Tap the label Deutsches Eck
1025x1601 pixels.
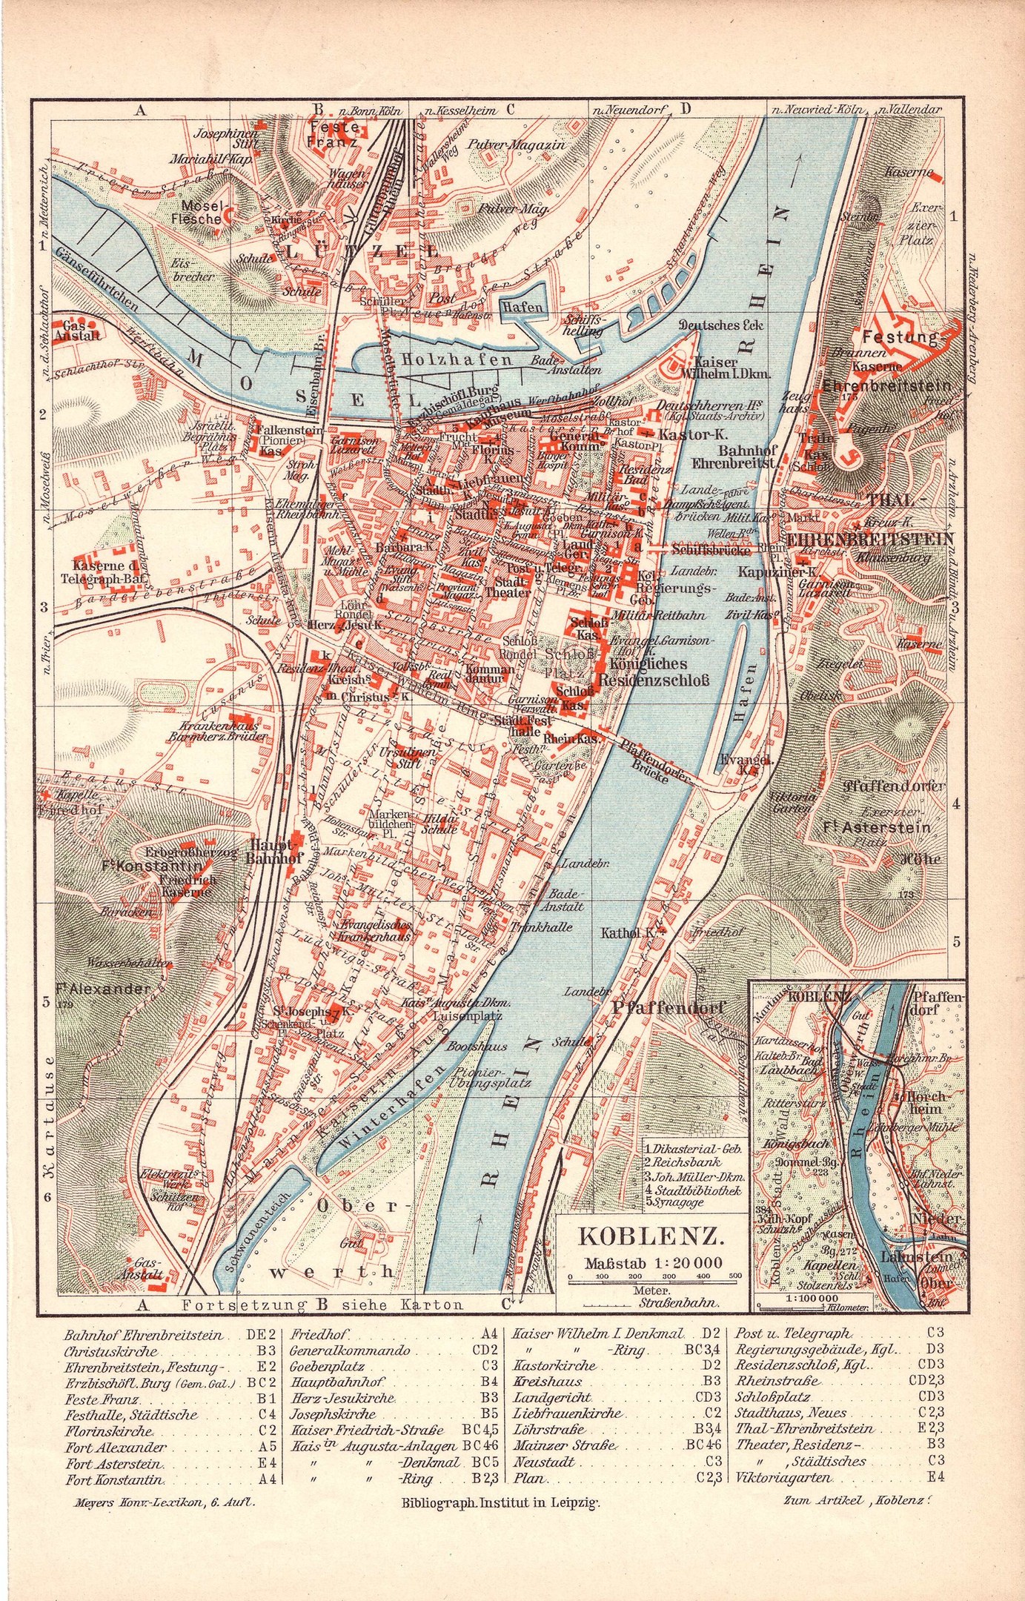(x=721, y=325)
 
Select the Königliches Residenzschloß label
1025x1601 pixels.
(x=653, y=672)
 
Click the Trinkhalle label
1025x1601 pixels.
(x=541, y=927)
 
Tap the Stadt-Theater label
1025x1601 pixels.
(x=508, y=586)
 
